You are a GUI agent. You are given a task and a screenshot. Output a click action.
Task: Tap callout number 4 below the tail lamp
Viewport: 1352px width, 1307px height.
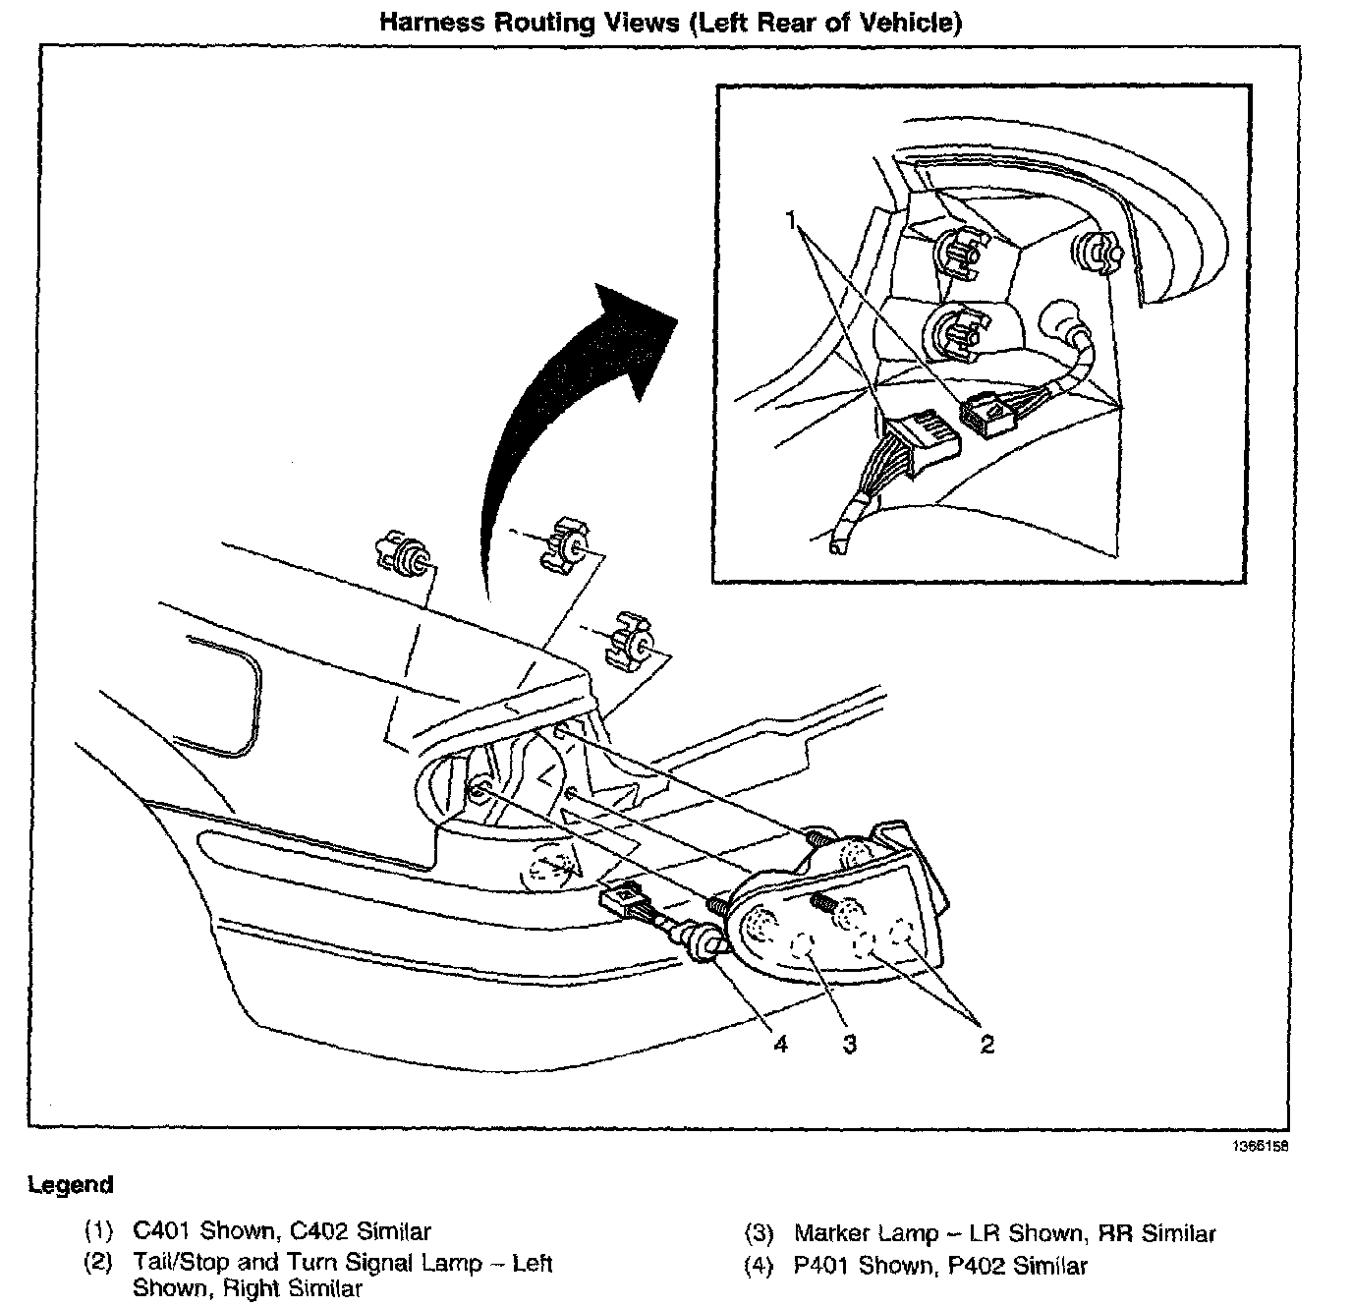pos(779,1044)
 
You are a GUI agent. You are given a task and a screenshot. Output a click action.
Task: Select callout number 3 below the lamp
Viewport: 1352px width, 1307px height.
pos(849,1044)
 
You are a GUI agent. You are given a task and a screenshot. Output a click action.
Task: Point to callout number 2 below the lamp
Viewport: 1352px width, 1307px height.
pos(986,1044)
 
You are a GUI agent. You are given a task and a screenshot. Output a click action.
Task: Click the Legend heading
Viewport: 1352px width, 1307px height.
pos(70,1184)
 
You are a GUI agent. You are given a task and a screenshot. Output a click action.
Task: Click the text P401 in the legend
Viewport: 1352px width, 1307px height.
pos(823,1265)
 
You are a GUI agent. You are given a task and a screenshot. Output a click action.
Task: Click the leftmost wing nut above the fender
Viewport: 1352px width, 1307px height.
pos(406,556)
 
